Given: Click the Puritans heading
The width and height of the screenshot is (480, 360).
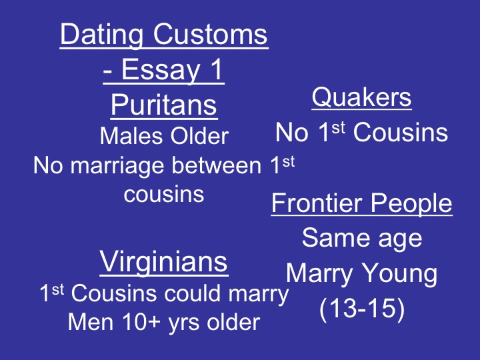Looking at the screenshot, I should click(164, 105).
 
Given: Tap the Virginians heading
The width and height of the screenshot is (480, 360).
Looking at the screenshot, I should click(164, 262).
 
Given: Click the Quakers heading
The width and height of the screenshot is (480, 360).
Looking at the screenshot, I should click(361, 97).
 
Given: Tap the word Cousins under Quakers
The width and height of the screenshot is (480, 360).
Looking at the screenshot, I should click(400, 133).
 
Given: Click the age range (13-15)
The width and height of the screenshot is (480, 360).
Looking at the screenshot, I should click(362, 309).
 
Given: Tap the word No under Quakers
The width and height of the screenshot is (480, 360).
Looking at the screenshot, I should click(292, 133).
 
